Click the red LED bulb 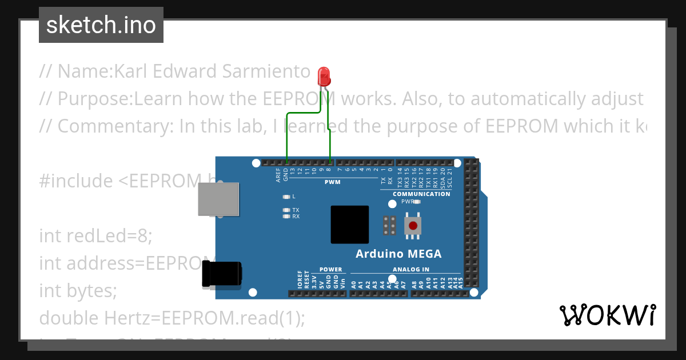pyautogui.click(x=324, y=76)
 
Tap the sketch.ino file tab pyautogui.click(x=101, y=25)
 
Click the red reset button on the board pyautogui.click(x=413, y=226)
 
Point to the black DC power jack pyautogui.click(x=222, y=274)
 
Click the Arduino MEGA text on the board pyautogui.click(x=398, y=254)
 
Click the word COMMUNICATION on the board pyautogui.click(x=421, y=194)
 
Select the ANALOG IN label pyautogui.click(x=410, y=270)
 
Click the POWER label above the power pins pyautogui.click(x=330, y=270)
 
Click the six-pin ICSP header pyautogui.click(x=390, y=226)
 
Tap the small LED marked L pyautogui.click(x=286, y=197)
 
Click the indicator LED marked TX pyautogui.click(x=286, y=210)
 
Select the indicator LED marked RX pyautogui.click(x=286, y=217)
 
